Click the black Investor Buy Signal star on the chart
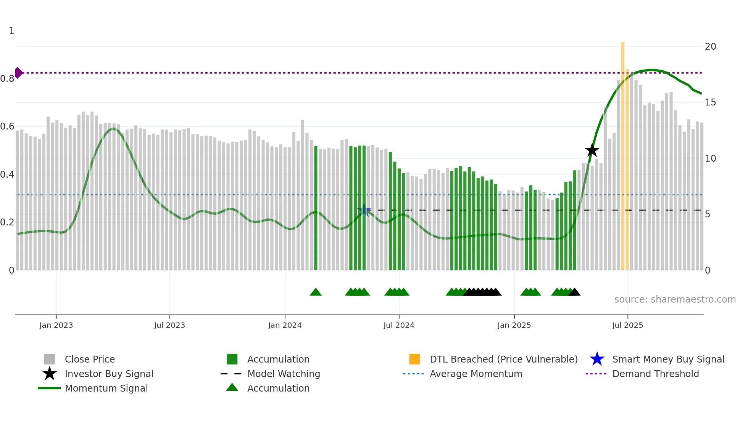tap(592, 151)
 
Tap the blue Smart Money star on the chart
tap(364, 210)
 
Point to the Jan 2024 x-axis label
tap(285, 325)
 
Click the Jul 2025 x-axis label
tap(627, 325)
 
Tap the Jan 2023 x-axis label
tap(56, 325)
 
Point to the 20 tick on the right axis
tap(710, 47)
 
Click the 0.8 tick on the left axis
tap(7, 79)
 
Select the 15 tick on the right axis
tap(710, 102)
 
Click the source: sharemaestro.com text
tap(675, 300)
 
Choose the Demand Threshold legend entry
tap(655, 374)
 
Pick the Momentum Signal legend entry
tap(106, 388)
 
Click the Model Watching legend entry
tap(284, 374)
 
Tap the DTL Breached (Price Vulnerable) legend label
tap(503, 359)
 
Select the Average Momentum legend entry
tap(476, 374)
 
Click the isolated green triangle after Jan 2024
tap(316, 292)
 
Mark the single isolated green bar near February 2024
tap(316, 208)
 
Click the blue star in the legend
tap(597, 359)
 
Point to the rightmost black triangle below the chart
tap(574, 292)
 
